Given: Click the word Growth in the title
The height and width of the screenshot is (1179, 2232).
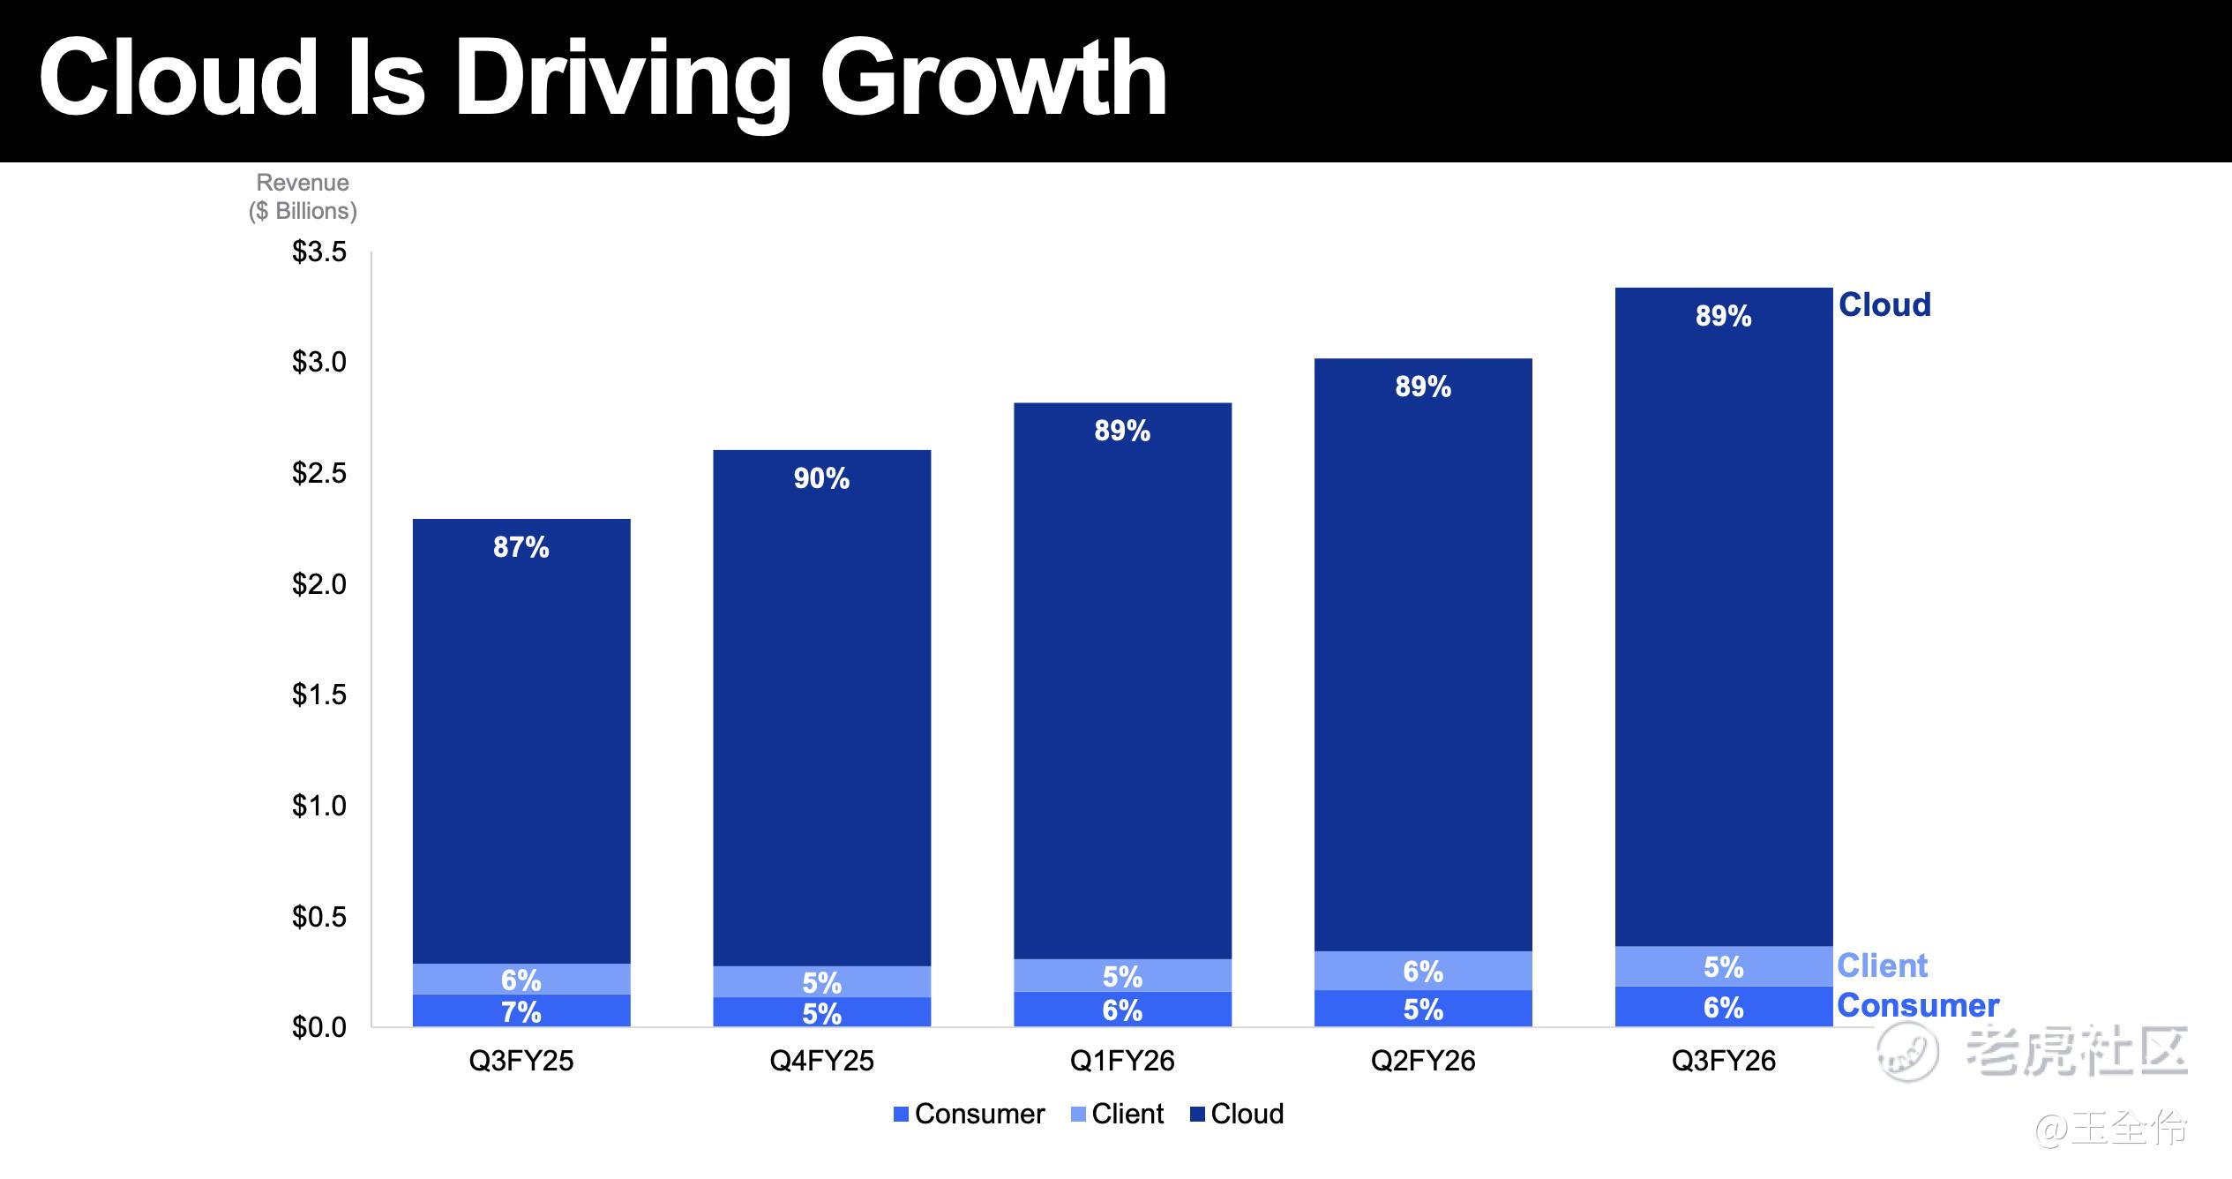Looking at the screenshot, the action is pyautogui.click(x=993, y=81).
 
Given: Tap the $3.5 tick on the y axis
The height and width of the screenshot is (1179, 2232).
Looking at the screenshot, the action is pyautogui.click(x=319, y=252).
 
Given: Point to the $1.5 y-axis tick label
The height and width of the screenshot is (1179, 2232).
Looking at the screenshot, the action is pyautogui.click(x=319, y=695).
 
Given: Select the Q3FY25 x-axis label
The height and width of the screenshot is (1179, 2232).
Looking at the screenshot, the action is pyautogui.click(x=521, y=1060).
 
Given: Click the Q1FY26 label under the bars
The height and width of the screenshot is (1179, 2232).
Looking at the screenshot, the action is pyautogui.click(x=1122, y=1060).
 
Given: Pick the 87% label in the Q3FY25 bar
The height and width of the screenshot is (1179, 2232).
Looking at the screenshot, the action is pyautogui.click(x=521, y=547).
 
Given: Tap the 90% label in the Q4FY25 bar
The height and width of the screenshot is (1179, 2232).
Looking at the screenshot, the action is pyautogui.click(x=821, y=478).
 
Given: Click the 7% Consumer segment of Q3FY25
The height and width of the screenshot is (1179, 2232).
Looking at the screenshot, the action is pyautogui.click(x=521, y=1010).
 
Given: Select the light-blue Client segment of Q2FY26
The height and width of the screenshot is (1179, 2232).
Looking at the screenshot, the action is pyautogui.click(x=1423, y=971).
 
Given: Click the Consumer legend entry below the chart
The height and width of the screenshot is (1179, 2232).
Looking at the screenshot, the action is pyautogui.click(x=970, y=1114).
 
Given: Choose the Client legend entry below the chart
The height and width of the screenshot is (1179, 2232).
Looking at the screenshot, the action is pyautogui.click(x=1118, y=1114).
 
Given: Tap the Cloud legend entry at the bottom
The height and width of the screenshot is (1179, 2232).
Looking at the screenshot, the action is pyautogui.click(x=1237, y=1114).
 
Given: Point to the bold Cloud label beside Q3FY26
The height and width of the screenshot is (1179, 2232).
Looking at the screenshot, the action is pyautogui.click(x=1884, y=304).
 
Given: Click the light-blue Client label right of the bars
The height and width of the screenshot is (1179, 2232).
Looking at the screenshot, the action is pyautogui.click(x=1883, y=965).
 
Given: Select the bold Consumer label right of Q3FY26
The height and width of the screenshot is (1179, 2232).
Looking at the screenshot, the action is pyautogui.click(x=1918, y=1005).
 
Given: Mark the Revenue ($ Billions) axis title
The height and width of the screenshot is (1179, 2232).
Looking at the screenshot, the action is pyautogui.click(x=303, y=197).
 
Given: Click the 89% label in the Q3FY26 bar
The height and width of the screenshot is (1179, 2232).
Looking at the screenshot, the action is pyautogui.click(x=1723, y=316).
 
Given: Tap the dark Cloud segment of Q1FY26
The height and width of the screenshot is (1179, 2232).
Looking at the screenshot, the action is pyautogui.click(x=1122, y=681).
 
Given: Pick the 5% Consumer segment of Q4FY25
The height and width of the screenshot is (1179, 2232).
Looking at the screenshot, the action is pyautogui.click(x=821, y=1012).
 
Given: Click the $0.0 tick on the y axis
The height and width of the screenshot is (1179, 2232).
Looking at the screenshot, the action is pyautogui.click(x=319, y=1028).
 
